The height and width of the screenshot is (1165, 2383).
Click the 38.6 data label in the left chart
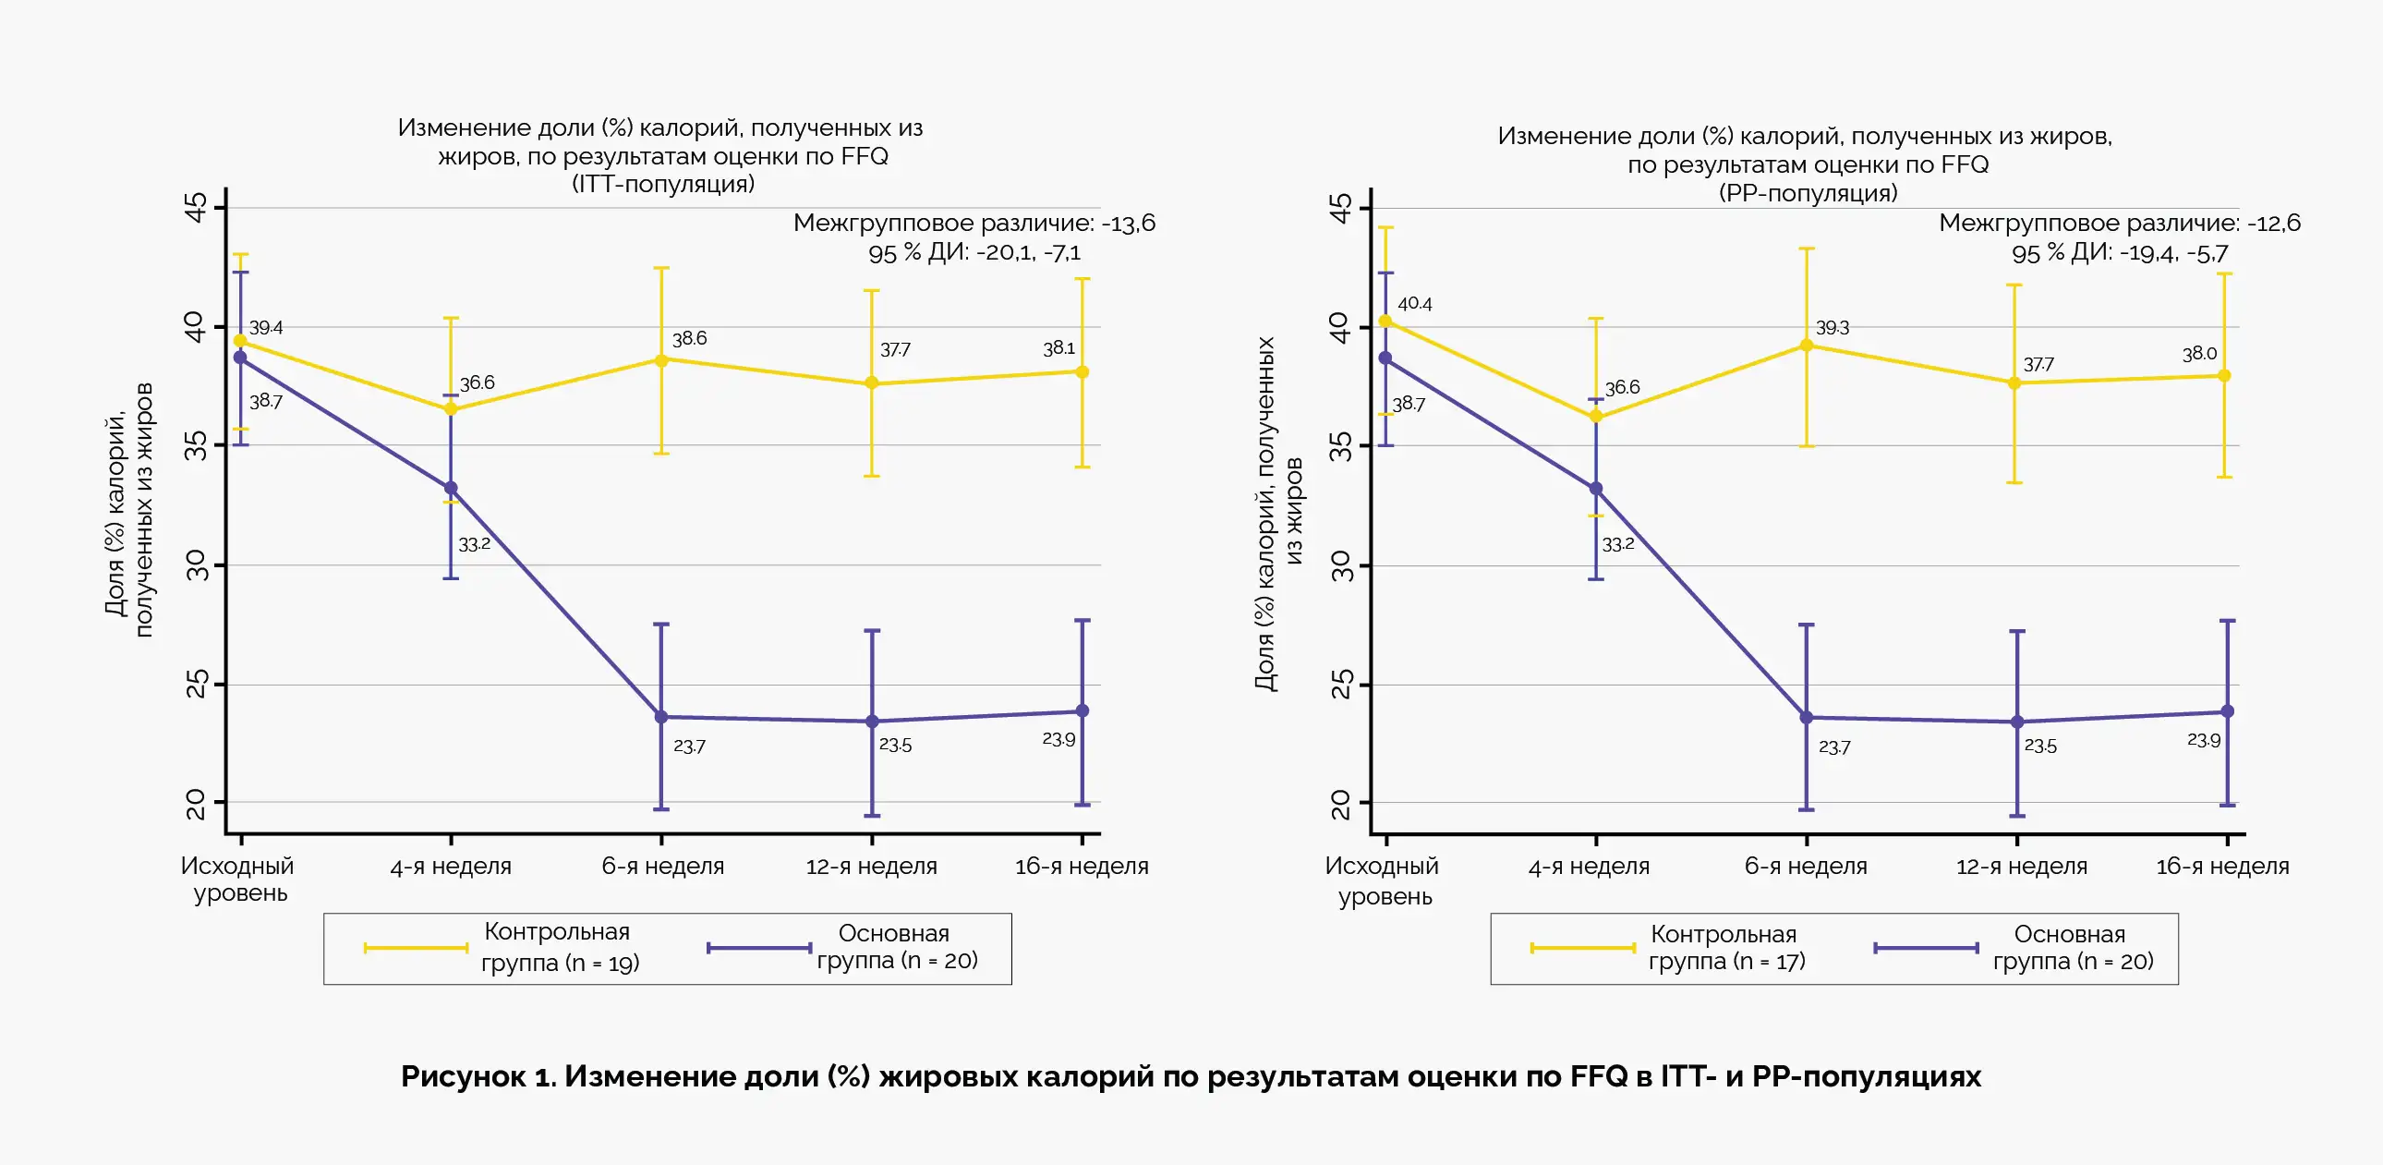click(689, 339)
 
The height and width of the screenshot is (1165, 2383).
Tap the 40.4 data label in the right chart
click(1414, 304)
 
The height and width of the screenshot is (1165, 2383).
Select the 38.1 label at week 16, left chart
click(1058, 349)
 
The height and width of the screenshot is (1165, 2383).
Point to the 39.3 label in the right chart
click(1832, 329)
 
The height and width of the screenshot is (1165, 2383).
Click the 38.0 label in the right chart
click(2199, 354)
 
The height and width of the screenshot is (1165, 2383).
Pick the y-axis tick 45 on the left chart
click(196, 207)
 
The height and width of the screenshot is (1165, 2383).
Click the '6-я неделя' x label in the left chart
click(662, 866)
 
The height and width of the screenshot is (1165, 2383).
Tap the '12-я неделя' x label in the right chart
click(2021, 867)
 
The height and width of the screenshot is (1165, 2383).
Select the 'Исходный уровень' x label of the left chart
click(237, 880)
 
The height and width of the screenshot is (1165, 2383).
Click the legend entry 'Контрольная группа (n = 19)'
click(559, 948)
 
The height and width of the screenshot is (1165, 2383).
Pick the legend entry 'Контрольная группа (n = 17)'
click(1725, 948)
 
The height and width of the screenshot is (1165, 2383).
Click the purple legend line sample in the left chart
click(758, 948)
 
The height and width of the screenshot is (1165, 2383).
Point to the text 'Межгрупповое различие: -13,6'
click(974, 223)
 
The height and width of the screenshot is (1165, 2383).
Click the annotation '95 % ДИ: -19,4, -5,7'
click(2120, 252)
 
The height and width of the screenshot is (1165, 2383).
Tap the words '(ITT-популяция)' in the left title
click(663, 183)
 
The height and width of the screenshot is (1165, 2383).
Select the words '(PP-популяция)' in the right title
click(1808, 192)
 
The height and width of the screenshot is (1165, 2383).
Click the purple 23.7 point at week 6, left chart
click(661, 717)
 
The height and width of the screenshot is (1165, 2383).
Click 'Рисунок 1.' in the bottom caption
click(478, 1076)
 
